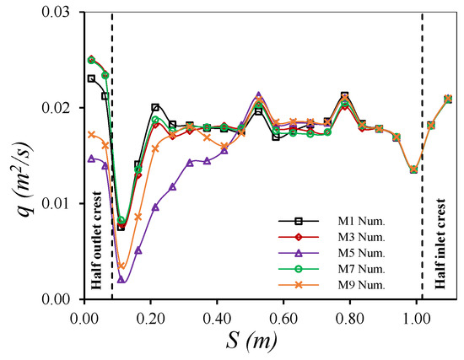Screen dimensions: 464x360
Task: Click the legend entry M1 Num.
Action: tap(361, 221)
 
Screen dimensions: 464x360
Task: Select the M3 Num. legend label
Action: tap(361, 237)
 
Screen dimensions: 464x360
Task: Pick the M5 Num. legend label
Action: tap(361, 253)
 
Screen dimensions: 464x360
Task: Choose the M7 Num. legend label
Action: tap(361, 269)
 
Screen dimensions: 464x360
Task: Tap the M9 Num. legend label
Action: tap(361, 285)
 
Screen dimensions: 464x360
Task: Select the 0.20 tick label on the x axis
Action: tap(151, 320)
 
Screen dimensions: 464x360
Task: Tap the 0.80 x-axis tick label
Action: tap(350, 320)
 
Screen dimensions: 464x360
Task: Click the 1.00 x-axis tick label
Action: tap(416, 320)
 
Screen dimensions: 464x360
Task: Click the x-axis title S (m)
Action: tap(252, 341)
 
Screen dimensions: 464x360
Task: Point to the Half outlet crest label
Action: tap(96, 240)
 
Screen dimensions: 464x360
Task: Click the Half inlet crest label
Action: tap(440, 244)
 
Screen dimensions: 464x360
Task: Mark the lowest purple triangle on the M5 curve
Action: tap(121, 280)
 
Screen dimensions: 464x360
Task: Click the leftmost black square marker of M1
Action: tap(91, 78)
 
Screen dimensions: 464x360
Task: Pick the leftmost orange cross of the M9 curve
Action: tap(91, 135)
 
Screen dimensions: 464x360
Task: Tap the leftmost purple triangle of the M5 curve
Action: tap(91, 159)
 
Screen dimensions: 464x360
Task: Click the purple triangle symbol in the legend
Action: tap(299, 253)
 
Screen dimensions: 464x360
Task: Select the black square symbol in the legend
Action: tap(299, 221)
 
